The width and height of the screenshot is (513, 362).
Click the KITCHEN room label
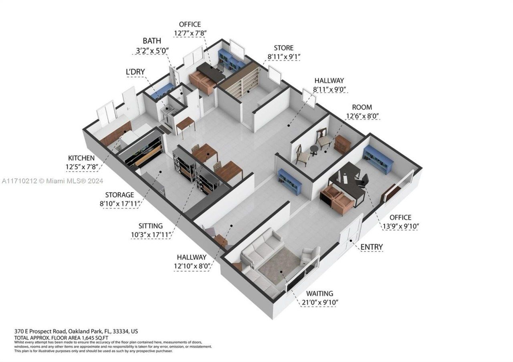pyautogui.click(x=81, y=158)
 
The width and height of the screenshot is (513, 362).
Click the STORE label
pyautogui.click(x=283, y=48)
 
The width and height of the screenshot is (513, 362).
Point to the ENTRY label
pyautogui.click(x=371, y=247)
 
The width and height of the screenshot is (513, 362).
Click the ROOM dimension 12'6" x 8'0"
pyautogui.click(x=363, y=117)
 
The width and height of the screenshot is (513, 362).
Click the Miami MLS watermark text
pyautogui.click(x=52, y=181)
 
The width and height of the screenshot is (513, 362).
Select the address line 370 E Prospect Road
pyautogui.click(x=76, y=332)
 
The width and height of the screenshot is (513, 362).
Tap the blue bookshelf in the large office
pyautogui.click(x=378, y=159)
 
